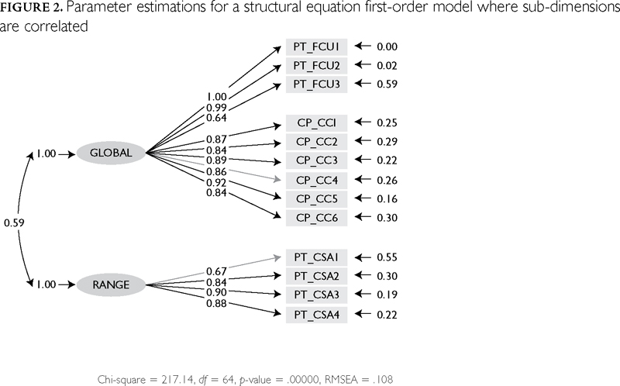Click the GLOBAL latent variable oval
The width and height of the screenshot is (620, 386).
pos(111,153)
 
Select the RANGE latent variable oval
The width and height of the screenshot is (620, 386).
pos(111,284)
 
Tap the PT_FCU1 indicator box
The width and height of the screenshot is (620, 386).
pos(317,47)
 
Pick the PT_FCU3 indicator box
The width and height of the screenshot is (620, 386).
pos(317,84)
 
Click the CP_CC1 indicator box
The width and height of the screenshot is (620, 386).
pos(317,123)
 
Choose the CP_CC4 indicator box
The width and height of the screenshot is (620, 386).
pos(317,180)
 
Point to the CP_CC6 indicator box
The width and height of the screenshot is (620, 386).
pos(317,218)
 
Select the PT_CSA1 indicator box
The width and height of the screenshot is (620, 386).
pos(317,257)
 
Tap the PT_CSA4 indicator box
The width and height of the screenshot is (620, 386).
pos(317,314)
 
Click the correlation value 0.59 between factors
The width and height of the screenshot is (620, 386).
pos(14,223)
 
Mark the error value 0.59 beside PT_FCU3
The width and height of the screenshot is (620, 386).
pos(387,84)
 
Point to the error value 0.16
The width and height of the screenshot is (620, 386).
pos(387,199)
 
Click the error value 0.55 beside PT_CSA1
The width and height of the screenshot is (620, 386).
pos(387,257)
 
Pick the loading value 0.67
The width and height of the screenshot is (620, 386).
pos(217,271)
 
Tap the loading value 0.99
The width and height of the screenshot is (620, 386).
pos(217,107)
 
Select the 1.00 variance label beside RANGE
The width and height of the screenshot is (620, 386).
pos(46,284)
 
